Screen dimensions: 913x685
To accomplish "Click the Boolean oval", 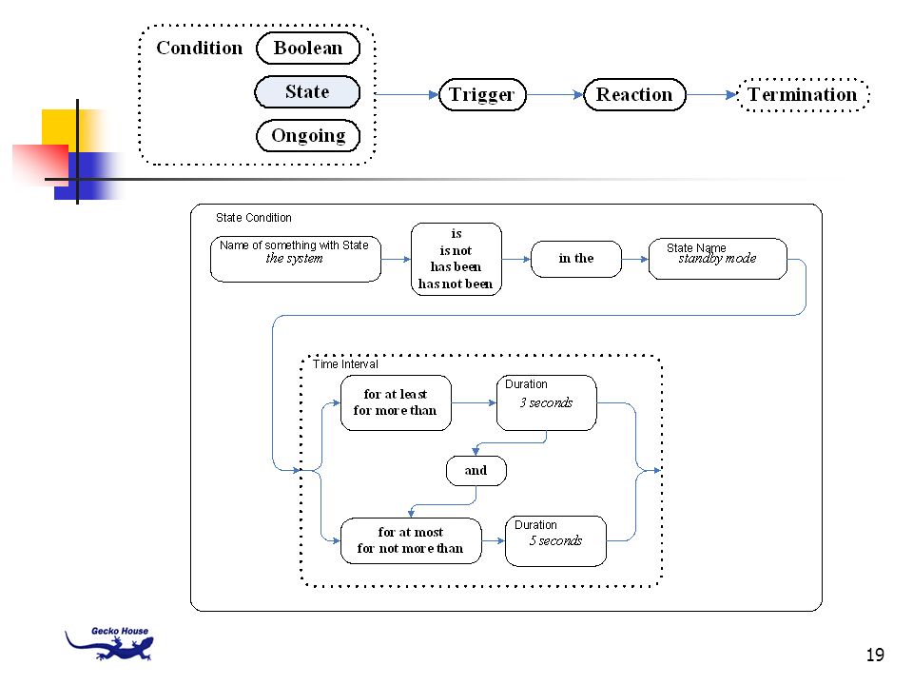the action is point(308,49).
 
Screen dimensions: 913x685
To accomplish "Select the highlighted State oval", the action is point(307,92).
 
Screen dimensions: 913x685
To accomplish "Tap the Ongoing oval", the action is point(308,136).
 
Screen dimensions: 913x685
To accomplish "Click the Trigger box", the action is point(482,94).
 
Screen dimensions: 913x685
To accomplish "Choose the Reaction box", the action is point(634,94).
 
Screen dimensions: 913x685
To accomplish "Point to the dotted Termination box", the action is point(803,94).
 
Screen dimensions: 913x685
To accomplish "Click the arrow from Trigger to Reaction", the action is point(554,94).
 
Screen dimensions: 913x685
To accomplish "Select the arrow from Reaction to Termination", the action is point(711,94).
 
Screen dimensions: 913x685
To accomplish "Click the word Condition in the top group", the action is point(199,48).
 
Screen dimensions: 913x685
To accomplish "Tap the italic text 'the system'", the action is point(294,258).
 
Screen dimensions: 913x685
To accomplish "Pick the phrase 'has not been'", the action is point(456,284).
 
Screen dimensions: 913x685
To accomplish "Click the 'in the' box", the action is point(576,259).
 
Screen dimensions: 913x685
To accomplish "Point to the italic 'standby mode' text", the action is point(717,258).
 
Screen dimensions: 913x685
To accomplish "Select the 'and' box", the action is point(476,471).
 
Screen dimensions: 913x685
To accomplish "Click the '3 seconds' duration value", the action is point(546,402).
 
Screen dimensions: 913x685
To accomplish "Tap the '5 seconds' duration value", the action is point(555,540).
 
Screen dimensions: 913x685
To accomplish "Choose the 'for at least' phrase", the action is point(396,394).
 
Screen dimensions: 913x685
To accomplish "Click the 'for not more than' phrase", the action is point(411,549).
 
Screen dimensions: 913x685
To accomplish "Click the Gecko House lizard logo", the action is point(109,644).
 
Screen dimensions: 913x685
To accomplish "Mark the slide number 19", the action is point(875,655).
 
